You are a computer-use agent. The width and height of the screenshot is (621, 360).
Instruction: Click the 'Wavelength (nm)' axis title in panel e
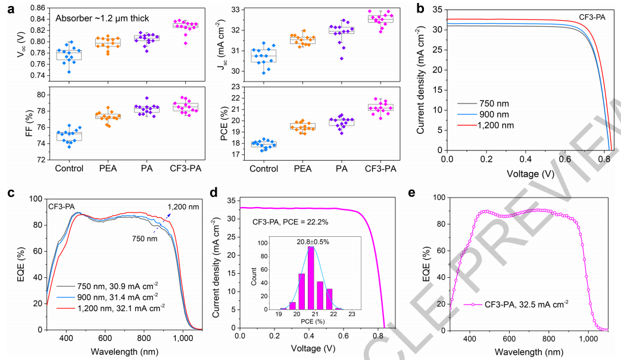point(528,352)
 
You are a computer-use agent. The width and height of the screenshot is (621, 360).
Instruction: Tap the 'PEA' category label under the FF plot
point(109,169)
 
